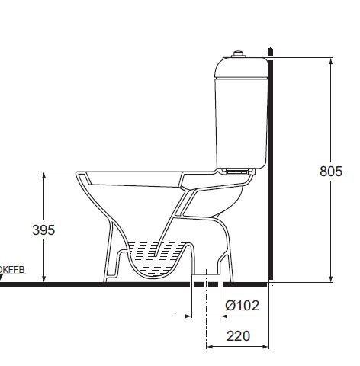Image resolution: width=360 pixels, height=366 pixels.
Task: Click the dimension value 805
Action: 331,172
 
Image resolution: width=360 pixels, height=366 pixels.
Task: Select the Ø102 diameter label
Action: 243,306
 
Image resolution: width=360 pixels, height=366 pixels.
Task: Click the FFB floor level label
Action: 14,269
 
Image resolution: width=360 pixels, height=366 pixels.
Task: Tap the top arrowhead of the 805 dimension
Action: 330,60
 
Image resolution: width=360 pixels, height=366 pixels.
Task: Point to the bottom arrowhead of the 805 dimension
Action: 330,279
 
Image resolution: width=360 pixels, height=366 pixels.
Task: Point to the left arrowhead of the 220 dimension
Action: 210,347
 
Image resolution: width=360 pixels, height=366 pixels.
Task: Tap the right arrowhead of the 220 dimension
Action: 268,347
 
